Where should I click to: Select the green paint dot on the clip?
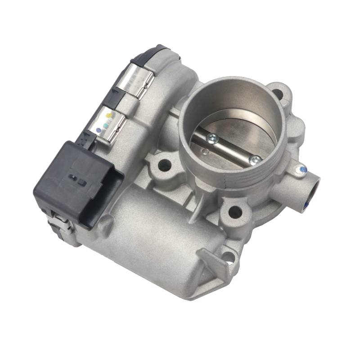(104, 121)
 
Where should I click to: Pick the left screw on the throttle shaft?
(212, 138)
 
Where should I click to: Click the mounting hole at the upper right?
(278, 94)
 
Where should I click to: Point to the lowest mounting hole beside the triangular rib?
(228, 257)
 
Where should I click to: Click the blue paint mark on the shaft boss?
(303, 170)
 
